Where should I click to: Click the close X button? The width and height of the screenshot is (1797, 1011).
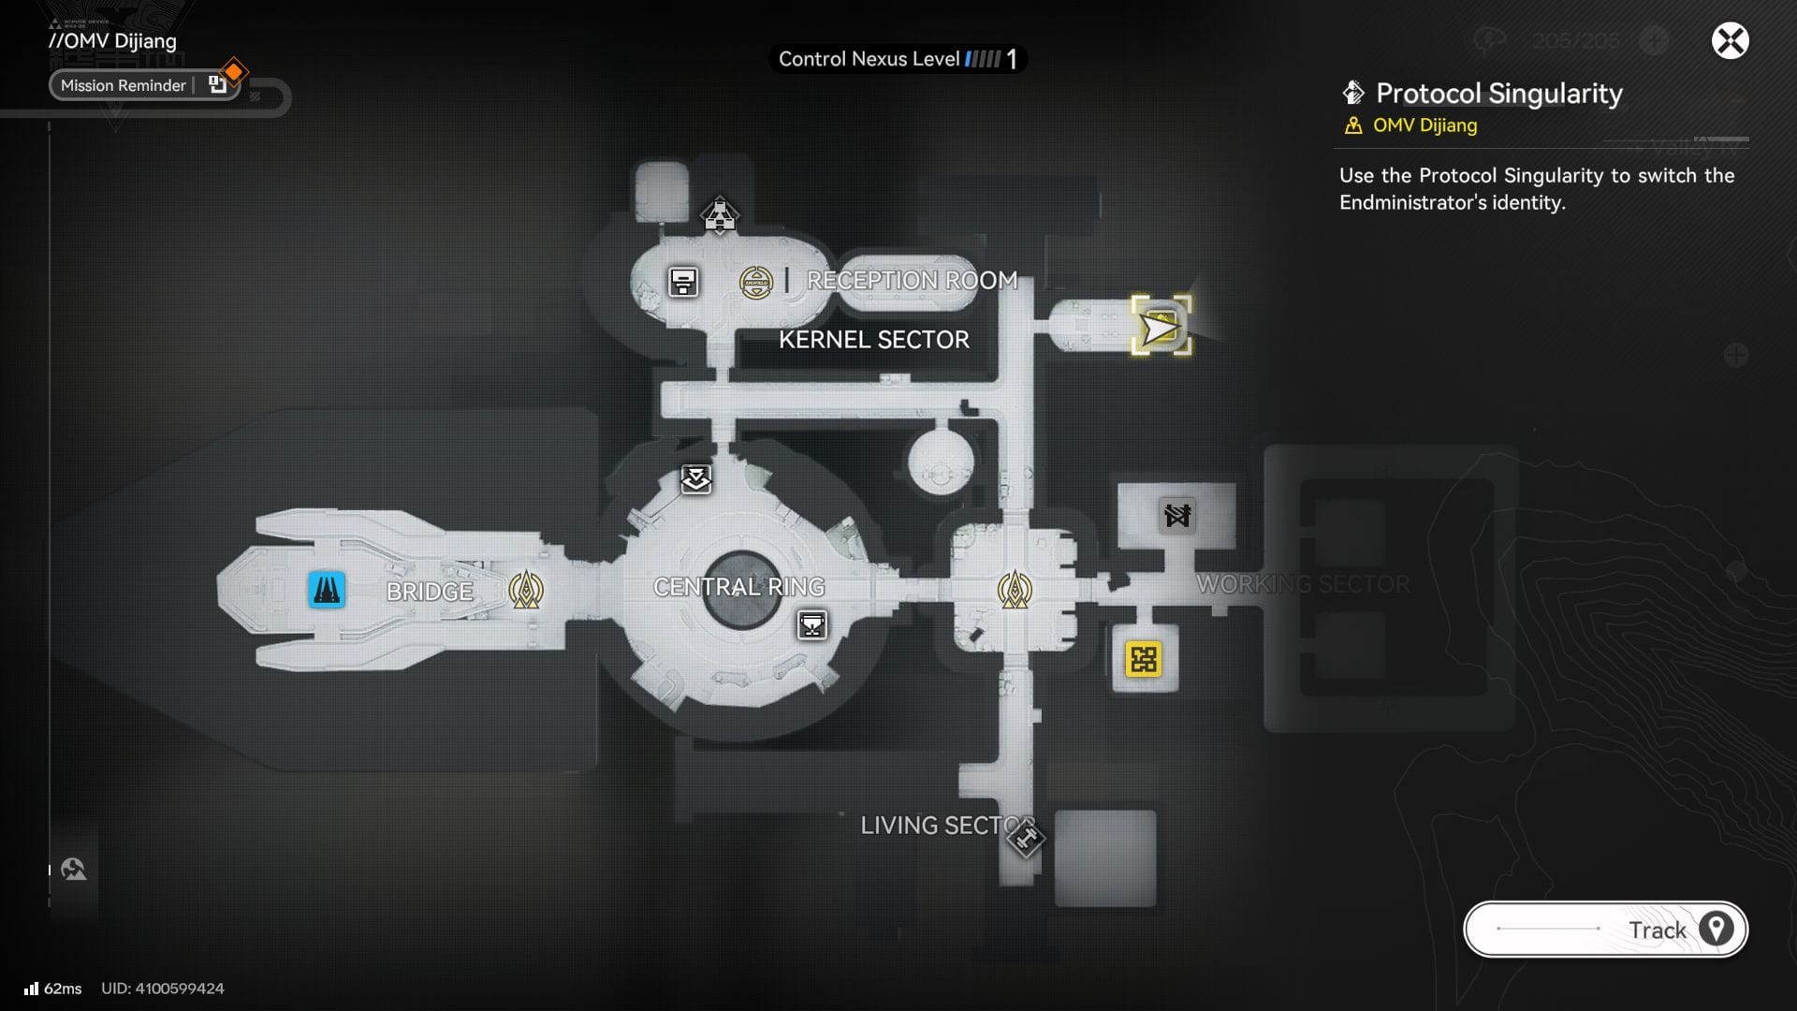click(x=1730, y=41)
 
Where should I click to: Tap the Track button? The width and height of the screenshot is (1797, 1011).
click(x=1605, y=930)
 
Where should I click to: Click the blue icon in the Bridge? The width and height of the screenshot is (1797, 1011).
click(x=327, y=591)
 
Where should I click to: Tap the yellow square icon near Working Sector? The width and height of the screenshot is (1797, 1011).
click(x=1143, y=659)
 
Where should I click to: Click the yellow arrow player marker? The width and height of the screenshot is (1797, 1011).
click(x=1161, y=328)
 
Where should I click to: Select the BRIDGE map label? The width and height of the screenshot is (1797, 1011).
click(x=430, y=592)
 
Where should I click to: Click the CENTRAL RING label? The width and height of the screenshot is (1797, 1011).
click(x=738, y=587)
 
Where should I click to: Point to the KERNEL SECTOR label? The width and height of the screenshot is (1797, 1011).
click(x=873, y=340)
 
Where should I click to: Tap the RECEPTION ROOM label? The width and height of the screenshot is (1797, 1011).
click(x=912, y=280)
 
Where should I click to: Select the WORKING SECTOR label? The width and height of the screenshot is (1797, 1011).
click(x=1302, y=584)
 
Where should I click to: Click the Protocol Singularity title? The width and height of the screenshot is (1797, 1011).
click(x=1497, y=94)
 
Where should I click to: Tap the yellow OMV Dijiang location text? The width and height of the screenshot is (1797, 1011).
click(x=1424, y=125)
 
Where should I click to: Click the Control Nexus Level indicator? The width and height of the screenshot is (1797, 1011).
click(x=897, y=60)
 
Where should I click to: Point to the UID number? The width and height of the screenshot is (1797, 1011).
click(x=163, y=989)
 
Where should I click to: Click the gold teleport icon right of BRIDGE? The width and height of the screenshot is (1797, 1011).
click(x=526, y=591)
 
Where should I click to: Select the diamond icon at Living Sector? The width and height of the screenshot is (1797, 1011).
click(x=1025, y=838)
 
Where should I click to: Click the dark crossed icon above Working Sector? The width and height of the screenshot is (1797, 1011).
click(x=1176, y=515)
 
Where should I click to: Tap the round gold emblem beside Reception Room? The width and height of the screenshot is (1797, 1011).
click(x=756, y=282)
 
